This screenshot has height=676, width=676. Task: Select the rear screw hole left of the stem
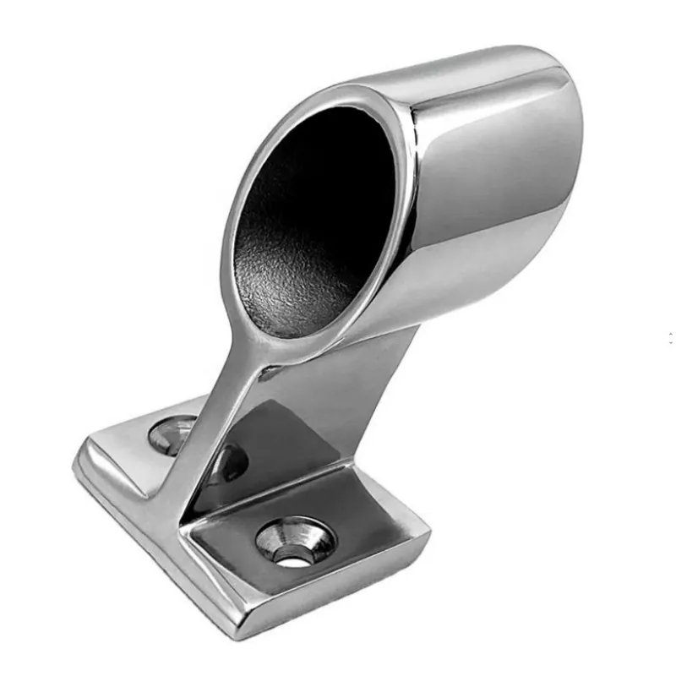coord(172,433)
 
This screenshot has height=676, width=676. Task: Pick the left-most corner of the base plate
coord(78,463)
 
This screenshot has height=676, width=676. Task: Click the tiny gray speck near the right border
coord(670,338)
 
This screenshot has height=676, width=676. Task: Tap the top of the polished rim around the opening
coord(338,95)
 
